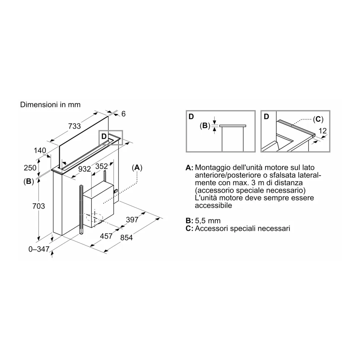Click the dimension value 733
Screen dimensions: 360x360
(x=75, y=126)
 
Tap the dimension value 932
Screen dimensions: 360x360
(x=85, y=169)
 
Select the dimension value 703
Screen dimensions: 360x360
(x=39, y=206)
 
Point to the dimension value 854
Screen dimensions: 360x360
(x=126, y=237)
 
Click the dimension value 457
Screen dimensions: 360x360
(x=106, y=236)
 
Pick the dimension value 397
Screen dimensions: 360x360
(x=132, y=220)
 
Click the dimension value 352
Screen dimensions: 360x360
(x=102, y=166)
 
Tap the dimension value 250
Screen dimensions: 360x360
(x=30, y=168)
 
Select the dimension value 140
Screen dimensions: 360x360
(x=40, y=150)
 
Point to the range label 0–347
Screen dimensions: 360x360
(x=39, y=249)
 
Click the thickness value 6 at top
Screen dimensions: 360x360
(x=123, y=114)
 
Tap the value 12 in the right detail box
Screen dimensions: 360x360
(x=323, y=131)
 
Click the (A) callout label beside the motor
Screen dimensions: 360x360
(x=137, y=168)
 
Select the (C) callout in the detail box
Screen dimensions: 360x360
(x=318, y=119)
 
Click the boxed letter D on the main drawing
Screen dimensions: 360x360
(x=104, y=136)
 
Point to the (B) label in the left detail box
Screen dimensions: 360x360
(x=205, y=126)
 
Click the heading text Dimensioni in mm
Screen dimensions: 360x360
(x=50, y=105)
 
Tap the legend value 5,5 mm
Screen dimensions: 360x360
(x=208, y=221)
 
